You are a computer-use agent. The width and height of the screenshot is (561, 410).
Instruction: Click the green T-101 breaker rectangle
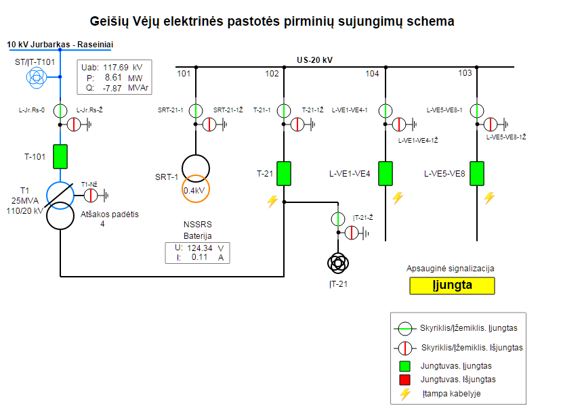tap(61, 156)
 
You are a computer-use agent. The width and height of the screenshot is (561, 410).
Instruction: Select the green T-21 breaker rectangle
tap(284, 173)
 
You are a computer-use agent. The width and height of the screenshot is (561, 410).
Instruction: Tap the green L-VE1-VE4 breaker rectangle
tap(386, 173)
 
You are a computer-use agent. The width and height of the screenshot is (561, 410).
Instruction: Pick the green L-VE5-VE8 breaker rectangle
tap(478, 173)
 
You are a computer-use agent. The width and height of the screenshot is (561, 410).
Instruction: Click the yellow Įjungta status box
tap(453, 286)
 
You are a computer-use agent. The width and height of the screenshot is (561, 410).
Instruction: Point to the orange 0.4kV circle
tap(196, 190)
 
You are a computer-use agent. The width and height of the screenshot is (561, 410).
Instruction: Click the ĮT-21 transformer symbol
tap(337, 263)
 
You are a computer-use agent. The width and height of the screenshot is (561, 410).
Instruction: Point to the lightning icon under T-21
tap(272, 201)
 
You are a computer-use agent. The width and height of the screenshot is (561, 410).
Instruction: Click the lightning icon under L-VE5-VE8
tap(489, 198)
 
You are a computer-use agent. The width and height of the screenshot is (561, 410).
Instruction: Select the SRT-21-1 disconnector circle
tap(196, 110)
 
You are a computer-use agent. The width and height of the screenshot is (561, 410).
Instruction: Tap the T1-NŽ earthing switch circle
tap(91, 196)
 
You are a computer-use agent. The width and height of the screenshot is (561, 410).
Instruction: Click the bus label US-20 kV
tap(314, 60)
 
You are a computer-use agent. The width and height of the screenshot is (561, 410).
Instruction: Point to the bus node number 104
tap(372, 73)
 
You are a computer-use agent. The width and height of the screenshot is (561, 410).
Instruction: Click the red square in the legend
tap(406, 380)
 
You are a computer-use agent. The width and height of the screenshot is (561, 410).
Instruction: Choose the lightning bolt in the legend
tap(406, 394)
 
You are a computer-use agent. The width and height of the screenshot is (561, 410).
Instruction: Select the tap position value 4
tap(102, 224)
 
